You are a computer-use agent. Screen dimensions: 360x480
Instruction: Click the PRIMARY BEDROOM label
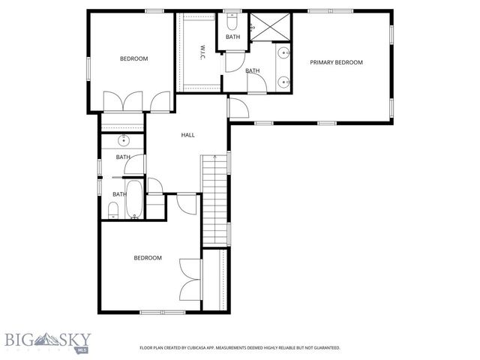point(337,62)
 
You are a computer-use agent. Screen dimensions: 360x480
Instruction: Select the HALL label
point(187,135)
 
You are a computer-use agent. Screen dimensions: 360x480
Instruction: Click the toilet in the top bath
point(232,17)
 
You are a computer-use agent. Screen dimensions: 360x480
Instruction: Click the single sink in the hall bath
point(124,140)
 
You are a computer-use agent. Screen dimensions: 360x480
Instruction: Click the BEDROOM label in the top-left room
point(134,58)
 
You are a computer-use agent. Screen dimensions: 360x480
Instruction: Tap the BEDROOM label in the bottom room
point(148,258)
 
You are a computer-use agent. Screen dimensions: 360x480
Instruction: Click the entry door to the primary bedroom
point(238,109)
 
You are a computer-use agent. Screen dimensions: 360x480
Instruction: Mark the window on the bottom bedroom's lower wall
point(162,311)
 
